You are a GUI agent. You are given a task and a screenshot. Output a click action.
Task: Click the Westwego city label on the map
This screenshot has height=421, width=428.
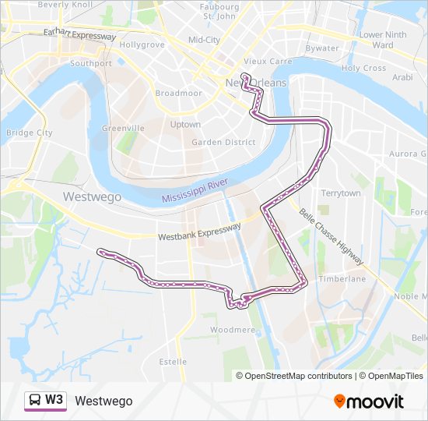[x=92, y=196]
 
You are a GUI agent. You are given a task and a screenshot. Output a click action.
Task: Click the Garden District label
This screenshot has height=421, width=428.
[x=223, y=142]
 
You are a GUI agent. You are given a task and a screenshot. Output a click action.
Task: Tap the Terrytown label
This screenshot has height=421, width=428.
[x=341, y=193]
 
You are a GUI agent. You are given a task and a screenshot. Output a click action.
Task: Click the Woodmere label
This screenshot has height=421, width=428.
[x=233, y=330]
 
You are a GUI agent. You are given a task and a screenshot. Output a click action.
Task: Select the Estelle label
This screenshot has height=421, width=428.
[x=173, y=362]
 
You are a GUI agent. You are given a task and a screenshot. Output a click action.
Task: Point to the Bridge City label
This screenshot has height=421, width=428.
[x=29, y=133]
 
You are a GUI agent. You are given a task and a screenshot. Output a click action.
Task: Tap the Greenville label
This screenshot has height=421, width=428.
[x=123, y=128]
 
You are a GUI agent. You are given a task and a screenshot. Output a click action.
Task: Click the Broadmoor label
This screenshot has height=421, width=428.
[x=178, y=93]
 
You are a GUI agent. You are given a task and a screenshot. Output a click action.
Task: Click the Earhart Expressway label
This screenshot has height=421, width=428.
[x=80, y=35]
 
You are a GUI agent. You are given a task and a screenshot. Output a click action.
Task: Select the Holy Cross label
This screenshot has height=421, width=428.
[x=363, y=68]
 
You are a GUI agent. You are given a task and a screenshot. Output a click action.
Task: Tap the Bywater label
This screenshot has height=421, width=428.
[x=321, y=48]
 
